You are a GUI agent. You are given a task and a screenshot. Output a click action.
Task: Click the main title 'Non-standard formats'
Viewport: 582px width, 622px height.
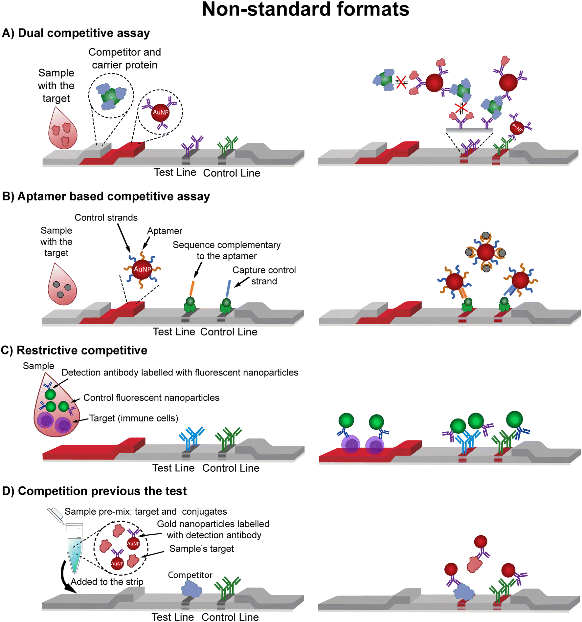point(305,9)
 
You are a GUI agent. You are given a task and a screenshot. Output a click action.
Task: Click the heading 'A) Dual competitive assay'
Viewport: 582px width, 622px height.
point(76,33)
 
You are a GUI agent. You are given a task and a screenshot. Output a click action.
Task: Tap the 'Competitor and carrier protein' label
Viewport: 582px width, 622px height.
point(125,58)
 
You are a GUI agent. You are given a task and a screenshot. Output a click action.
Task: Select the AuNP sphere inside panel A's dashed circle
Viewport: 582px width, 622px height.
point(160,112)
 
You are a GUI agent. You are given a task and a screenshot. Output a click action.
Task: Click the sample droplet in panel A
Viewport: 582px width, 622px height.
point(62,128)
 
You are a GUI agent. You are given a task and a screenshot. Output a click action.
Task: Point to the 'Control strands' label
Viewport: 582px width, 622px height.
point(106,218)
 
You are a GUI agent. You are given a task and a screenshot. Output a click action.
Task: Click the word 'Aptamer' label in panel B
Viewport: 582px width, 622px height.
point(165,231)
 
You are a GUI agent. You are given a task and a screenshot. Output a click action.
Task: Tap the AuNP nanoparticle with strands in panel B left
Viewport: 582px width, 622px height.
point(142,269)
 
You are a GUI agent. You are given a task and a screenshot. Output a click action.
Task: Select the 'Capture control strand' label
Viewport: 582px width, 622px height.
point(264,276)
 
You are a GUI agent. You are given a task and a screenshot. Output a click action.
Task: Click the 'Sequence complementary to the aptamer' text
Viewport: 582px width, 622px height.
point(227,250)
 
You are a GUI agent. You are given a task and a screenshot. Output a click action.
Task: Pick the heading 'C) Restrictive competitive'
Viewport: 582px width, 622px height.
point(74,351)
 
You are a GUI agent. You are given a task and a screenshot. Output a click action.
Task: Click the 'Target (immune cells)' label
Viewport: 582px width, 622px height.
point(134,418)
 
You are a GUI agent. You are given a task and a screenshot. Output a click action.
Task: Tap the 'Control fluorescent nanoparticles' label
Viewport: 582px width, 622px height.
point(151,398)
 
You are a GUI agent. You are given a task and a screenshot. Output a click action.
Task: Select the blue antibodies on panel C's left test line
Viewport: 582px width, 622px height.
point(191,439)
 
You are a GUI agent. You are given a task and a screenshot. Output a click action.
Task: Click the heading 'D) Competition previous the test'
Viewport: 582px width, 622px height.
point(94,491)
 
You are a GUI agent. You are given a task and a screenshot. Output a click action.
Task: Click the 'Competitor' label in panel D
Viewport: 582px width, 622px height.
point(190,575)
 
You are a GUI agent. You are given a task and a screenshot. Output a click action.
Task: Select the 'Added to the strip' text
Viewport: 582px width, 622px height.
point(107,582)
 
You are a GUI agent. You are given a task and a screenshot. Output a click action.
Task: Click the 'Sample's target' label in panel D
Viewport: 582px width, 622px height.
point(202,549)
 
